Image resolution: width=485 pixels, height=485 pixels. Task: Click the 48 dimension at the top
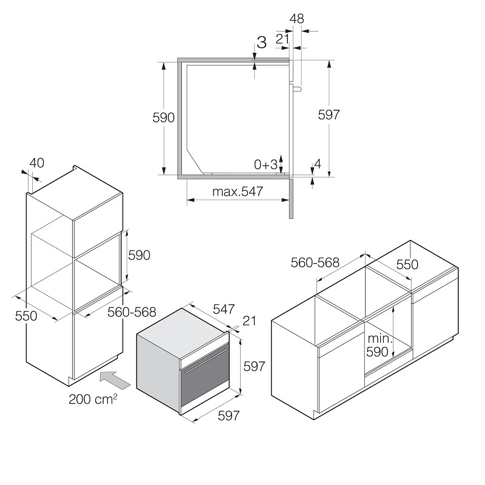click(296, 19)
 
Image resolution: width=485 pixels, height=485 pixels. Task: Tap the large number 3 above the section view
click(261, 42)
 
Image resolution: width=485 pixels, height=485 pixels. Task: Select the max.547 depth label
click(238, 192)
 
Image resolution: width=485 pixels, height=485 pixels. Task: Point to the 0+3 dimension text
click(266, 164)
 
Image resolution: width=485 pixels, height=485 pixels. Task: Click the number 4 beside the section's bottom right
click(318, 164)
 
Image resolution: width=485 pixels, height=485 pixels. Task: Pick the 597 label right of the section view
click(329, 115)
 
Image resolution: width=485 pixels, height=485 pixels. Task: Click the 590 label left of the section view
click(163, 118)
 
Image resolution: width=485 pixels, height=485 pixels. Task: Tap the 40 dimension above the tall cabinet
click(37, 163)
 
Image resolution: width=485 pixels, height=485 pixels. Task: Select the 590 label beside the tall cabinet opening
click(139, 255)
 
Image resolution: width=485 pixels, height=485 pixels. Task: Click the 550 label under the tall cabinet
click(26, 316)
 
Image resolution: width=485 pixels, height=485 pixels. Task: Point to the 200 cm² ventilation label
click(93, 399)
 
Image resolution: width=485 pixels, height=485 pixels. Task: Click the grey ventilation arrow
click(115, 380)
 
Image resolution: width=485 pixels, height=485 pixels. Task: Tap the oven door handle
click(206, 361)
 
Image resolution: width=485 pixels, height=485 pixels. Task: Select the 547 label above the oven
click(224, 309)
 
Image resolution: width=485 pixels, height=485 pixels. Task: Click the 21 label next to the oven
click(249, 321)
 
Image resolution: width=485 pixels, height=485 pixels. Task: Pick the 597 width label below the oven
click(229, 416)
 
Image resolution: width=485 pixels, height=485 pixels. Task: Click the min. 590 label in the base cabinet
click(380, 345)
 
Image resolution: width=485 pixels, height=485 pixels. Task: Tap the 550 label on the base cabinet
click(407, 264)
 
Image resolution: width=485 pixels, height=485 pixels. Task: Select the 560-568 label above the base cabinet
click(315, 263)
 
